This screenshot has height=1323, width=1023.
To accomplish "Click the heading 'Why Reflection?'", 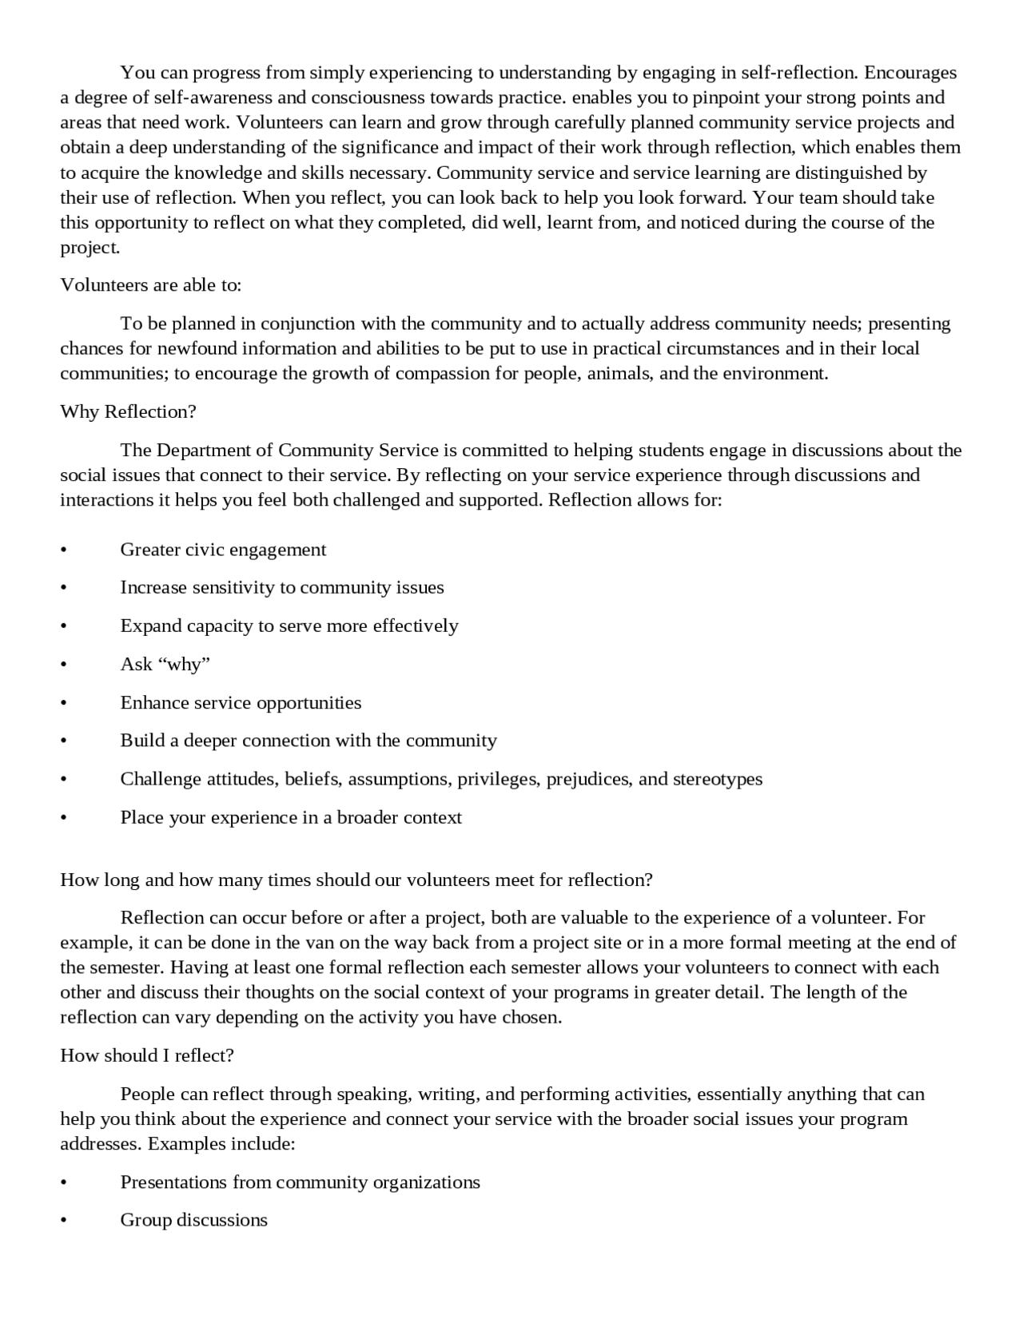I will pos(128,412).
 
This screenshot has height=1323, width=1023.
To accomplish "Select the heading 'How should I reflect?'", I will pos(147,1055).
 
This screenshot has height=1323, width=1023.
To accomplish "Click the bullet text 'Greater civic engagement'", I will pos(223,550).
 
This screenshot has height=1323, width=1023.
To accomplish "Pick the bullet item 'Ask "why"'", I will pos(165,664).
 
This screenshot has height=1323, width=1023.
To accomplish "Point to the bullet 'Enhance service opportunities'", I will pos(241,702).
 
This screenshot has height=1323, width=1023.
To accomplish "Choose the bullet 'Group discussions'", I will pos(193,1220).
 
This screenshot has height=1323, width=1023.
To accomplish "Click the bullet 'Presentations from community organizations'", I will pos(300,1182).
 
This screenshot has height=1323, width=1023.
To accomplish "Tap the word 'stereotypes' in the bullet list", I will pos(717,779).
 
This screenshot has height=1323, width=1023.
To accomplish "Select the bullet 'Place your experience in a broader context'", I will pos(291,817).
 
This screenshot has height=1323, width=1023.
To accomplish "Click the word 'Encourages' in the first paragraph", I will pos(910,73).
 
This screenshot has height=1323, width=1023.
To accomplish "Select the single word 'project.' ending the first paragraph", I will pos(90,248).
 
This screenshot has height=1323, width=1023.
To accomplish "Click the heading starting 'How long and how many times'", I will pos(356,880).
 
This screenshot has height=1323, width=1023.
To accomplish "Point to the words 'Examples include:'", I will pos(221,1143).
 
